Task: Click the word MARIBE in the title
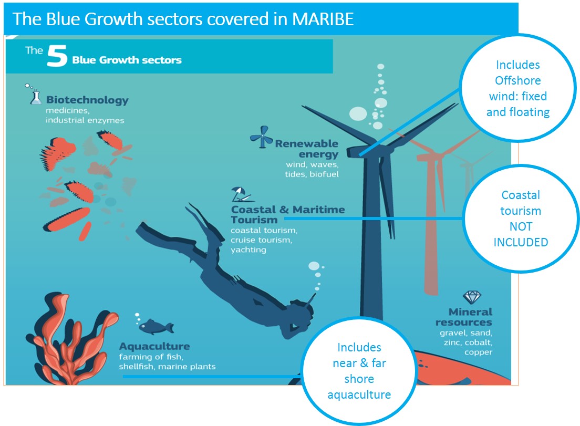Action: (323, 19)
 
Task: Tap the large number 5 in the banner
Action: (57, 56)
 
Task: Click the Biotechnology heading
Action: (87, 100)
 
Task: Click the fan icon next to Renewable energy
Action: (262, 137)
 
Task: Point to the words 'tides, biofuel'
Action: (312, 174)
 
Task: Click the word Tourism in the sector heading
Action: (254, 220)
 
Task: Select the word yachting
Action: (248, 250)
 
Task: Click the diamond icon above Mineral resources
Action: (472, 297)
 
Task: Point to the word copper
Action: (478, 352)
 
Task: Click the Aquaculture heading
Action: (154, 346)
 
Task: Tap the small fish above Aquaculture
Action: (156, 326)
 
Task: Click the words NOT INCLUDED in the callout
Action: (521, 234)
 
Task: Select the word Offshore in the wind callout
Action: (518, 80)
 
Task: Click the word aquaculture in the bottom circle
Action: (359, 394)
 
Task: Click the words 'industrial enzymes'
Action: (85, 120)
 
